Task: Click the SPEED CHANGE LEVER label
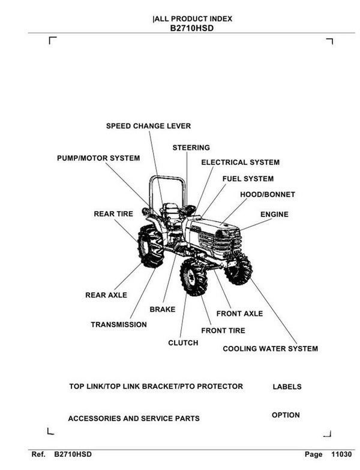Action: click(148, 126)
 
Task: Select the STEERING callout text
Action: click(191, 147)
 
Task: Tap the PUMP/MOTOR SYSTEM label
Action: click(98, 158)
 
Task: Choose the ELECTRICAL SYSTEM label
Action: click(240, 162)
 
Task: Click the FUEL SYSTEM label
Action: click(248, 179)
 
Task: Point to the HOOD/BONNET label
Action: click(267, 195)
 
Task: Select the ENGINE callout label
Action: click(274, 215)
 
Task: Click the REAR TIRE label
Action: click(113, 213)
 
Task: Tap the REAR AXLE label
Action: click(106, 296)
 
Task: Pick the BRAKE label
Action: click(162, 309)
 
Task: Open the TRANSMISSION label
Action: click(118, 325)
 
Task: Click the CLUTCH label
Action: click(183, 343)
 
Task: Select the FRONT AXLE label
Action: click(239, 314)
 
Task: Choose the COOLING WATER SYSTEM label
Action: click(270, 348)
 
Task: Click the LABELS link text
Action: click(287, 387)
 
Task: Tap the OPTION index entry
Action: click(286, 415)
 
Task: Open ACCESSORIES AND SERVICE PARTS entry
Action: click(134, 418)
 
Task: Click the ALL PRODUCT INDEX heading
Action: click(193, 19)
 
